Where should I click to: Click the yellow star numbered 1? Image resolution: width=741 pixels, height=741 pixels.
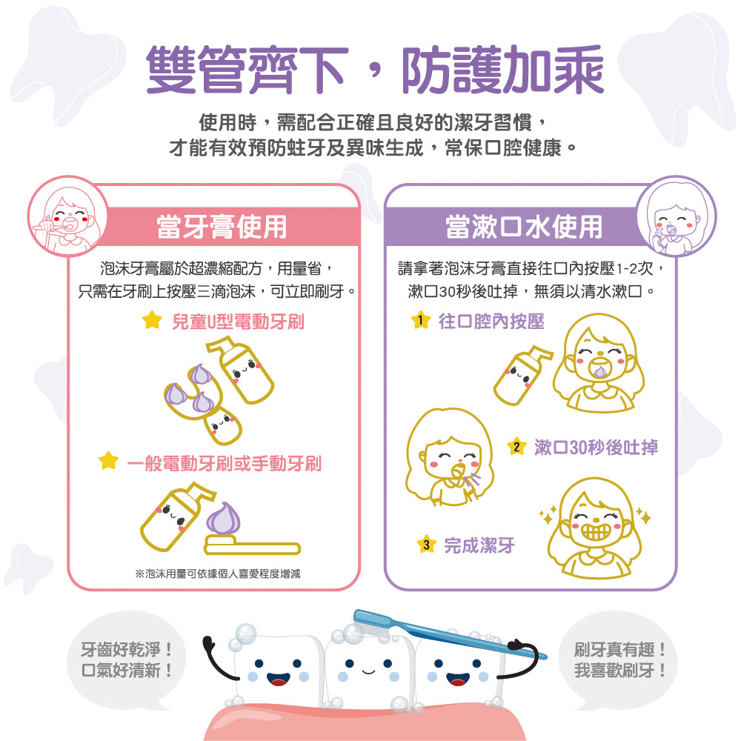(x=420, y=321)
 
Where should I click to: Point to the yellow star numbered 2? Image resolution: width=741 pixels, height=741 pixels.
(x=516, y=447)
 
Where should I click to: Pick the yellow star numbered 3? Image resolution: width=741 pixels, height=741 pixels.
(x=425, y=546)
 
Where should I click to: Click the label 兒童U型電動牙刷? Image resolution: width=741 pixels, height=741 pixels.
(x=237, y=322)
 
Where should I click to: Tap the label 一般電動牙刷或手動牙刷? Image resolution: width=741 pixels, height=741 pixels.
(x=223, y=464)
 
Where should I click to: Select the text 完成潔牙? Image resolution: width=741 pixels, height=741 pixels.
(x=479, y=546)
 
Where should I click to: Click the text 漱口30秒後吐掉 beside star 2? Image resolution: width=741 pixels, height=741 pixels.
(x=595, y=447)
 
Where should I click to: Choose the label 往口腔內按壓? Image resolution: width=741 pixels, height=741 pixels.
(x=491, y=322)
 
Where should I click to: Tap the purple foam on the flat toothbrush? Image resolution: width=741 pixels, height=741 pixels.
(x=220, y=519)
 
